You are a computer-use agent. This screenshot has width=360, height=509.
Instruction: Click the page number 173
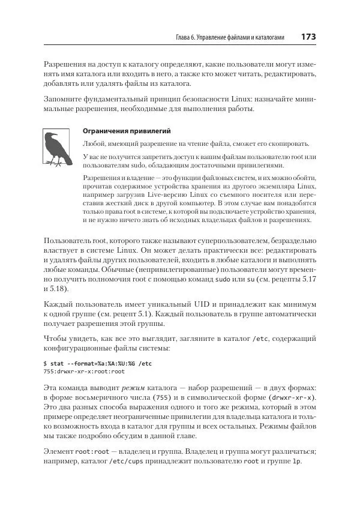(x=308, y=37)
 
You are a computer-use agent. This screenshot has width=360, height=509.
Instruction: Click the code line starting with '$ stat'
(x=98, y=364)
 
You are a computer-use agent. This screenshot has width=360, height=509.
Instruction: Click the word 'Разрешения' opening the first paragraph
(x=65, y=63)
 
